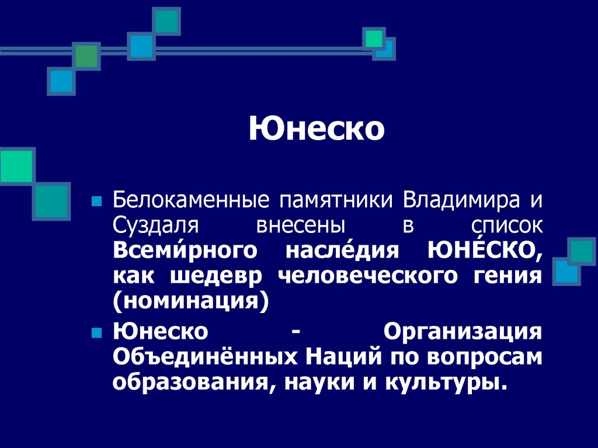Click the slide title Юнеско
pyautogui.click(x=317, y=129)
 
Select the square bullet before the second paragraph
pyautogui.click(x=97, y=332)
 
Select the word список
pyautogui.click(x=507, y=225)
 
